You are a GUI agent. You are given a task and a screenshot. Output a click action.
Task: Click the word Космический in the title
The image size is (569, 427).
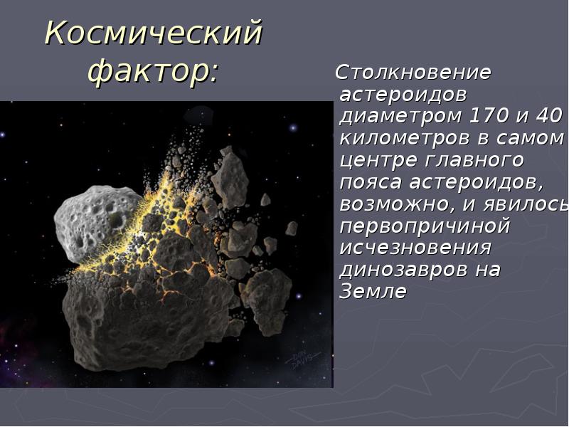(154, 33)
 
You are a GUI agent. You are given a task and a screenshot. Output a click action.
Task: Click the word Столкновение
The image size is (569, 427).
(413, 73)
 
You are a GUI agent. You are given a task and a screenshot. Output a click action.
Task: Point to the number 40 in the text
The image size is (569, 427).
(548, 115)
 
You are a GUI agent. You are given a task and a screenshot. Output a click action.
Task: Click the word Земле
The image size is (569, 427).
(373, 292)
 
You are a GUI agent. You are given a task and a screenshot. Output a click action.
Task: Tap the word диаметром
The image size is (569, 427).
(402, 115)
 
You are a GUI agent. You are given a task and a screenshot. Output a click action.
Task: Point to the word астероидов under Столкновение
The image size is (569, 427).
(403, 94)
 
